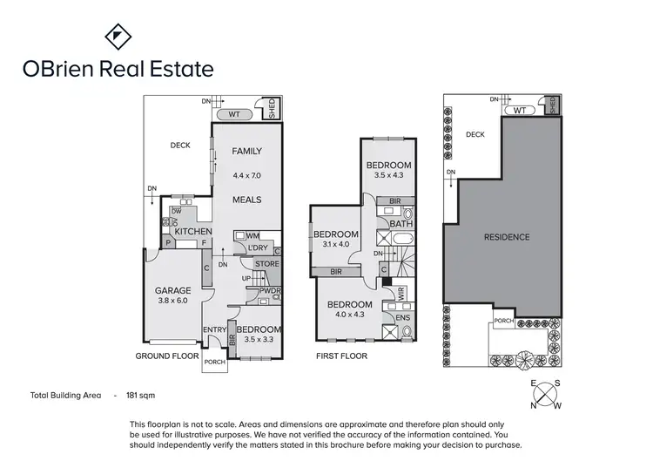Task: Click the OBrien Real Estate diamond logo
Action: tap(118, 37)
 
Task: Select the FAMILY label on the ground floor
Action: tap(246, 152)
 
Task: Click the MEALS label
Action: tap(246, 200)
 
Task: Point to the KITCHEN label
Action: tap(193, 232)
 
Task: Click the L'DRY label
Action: tap(258, 248)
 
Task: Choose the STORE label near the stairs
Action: tap(267, 263)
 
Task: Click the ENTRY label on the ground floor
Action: tap(214, 329)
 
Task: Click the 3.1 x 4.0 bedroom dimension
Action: tap(336, 245)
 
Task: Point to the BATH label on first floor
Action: tap(401, 224)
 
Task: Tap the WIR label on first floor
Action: tap(402, 295)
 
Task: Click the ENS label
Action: tap(402, 318)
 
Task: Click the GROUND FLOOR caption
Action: tap(165, 356)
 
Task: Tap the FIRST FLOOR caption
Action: tap(340, 356)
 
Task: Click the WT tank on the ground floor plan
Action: tap(234, 113)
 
